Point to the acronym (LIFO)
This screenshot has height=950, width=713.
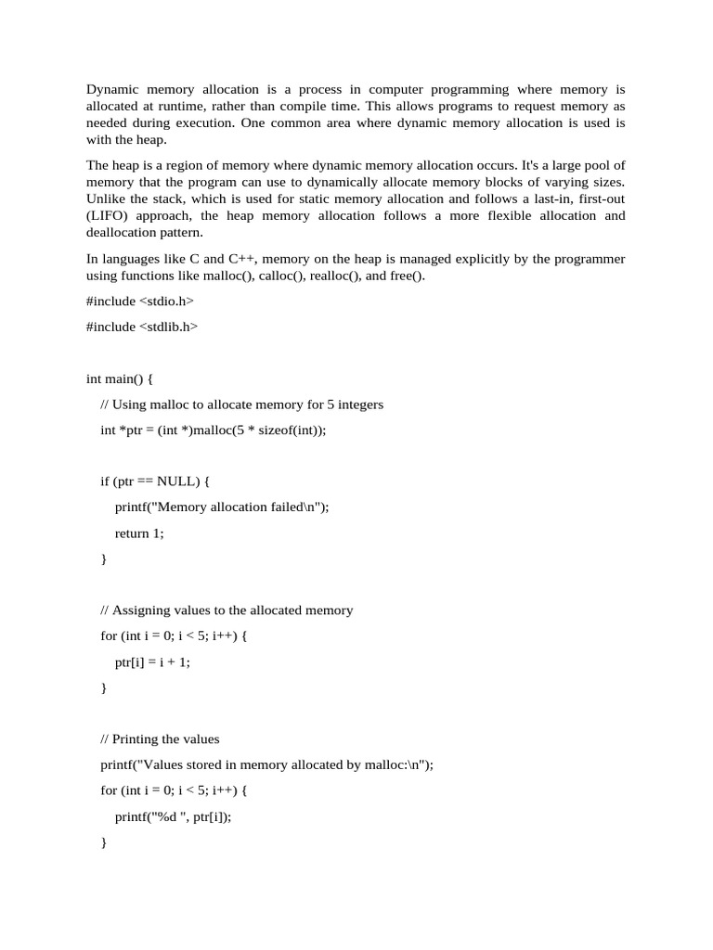coord(109,216)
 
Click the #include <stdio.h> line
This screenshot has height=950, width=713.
coord(139,302)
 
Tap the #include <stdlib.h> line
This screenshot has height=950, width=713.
coord(142,327)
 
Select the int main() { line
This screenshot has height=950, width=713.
coord(120,379)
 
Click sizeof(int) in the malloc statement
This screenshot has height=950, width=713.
coord(295,430)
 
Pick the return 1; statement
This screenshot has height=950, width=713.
coord(139,533)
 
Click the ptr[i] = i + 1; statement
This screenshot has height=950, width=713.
coord(152,662)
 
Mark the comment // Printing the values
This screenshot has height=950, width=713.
coord(160,739)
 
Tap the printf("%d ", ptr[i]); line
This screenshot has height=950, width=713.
coord(173,816)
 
